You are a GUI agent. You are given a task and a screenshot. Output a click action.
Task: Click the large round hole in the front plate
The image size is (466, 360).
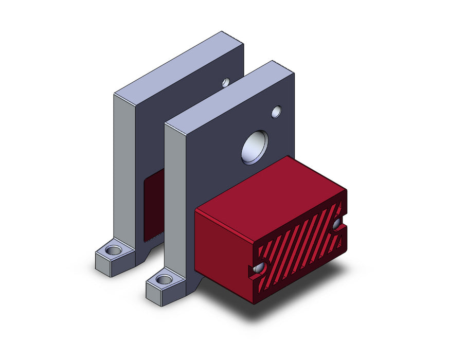(255, 147)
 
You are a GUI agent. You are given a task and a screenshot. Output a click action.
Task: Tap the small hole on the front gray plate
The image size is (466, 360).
(277, 111)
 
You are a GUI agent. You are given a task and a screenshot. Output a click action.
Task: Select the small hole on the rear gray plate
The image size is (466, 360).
(226, 82)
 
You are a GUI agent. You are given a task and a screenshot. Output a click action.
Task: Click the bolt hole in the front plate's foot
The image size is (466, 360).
(165, 280)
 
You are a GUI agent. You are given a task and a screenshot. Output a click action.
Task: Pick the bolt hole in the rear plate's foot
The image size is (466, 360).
(114, 251)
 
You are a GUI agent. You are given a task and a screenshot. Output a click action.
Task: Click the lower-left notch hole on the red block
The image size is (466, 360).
(260, 267)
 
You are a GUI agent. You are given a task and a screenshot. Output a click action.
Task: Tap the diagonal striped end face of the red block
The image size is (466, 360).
(298, 247)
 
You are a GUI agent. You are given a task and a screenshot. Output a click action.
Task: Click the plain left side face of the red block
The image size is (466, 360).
(224, 252)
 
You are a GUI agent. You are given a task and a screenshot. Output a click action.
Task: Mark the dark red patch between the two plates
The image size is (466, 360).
(153, 206)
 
